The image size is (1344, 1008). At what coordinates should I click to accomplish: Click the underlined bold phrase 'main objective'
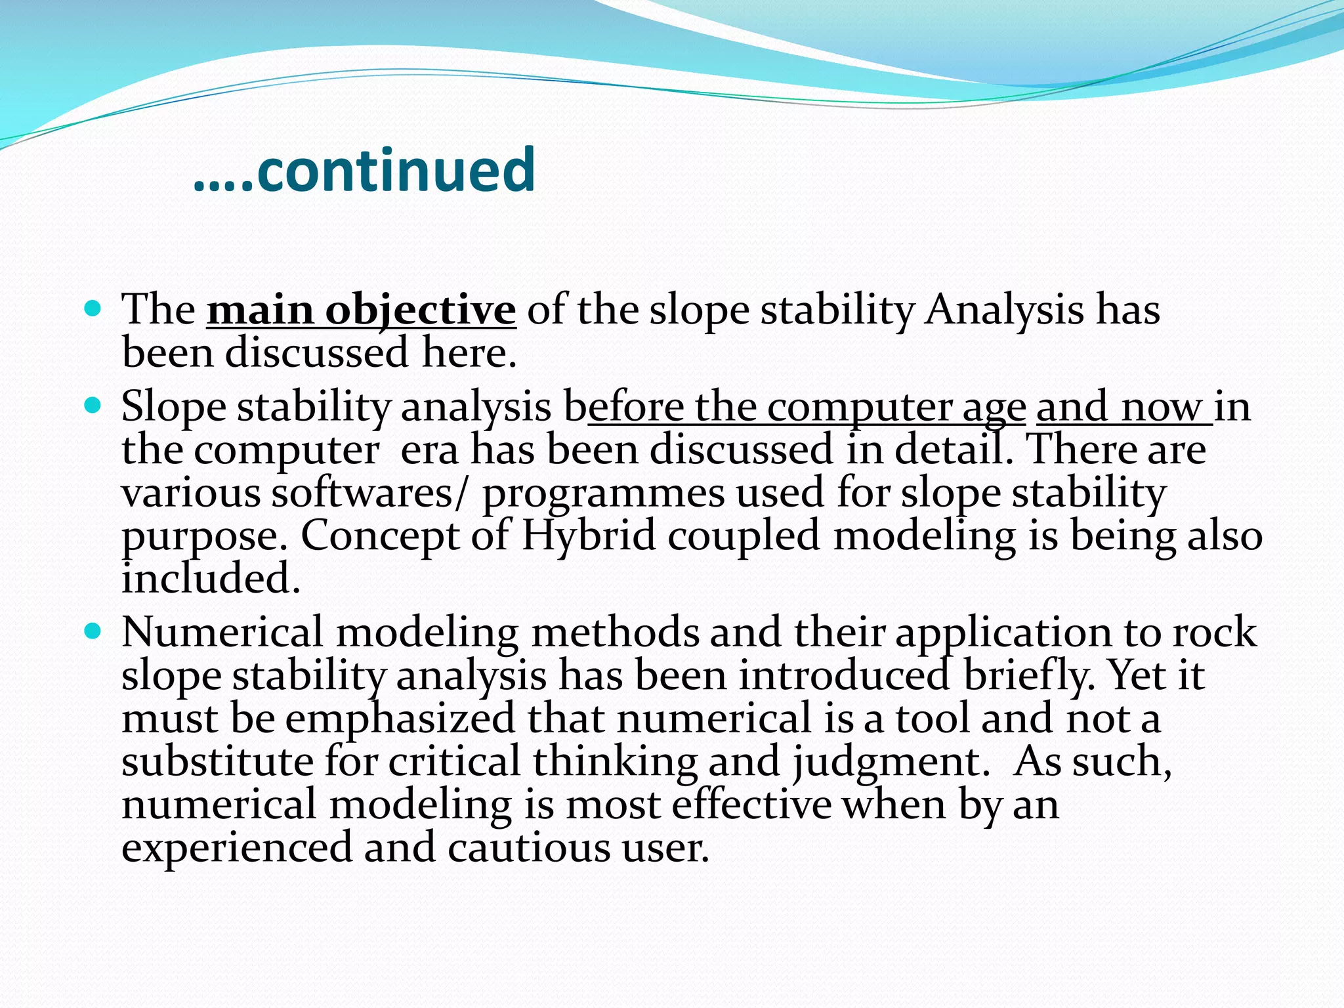[361, 310]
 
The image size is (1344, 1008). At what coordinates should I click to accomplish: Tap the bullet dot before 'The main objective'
[93, 308]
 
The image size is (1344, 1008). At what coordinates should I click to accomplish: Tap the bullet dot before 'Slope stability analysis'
[93, 406]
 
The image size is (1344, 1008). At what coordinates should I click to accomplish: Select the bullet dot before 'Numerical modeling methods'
[93, 631]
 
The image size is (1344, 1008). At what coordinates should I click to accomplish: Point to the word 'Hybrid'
[589, 535]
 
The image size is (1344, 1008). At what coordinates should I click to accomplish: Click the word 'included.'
[211, 579]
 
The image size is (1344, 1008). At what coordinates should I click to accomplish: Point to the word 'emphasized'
[400, 719]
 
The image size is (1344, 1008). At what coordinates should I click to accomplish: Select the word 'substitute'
[218, 762]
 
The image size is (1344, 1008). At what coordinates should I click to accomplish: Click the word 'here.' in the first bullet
[470, 353]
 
